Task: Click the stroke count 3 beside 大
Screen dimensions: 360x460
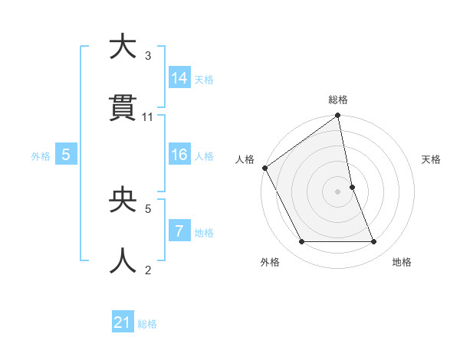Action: click(148, 55)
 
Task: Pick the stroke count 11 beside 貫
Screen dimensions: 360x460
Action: click(148, 117)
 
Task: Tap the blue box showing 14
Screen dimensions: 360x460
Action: click(179, 78)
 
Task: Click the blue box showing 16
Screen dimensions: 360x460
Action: click(179, 155)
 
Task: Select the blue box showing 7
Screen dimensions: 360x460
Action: click(179, 232)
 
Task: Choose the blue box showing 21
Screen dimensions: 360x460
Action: click(123, 323)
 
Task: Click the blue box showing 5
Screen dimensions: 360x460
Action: click(66, 155)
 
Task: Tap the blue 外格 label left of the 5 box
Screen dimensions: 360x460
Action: click(41, 156)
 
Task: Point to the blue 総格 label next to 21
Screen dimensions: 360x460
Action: click(148, 324)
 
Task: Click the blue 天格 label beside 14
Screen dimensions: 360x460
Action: click(204, 79)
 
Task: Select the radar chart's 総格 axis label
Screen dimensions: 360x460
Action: click(338, 100)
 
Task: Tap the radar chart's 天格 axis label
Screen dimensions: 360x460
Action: click(432, 159)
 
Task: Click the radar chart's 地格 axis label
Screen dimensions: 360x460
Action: click(402, 262)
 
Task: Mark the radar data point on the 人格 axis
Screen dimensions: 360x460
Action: click(264, 168)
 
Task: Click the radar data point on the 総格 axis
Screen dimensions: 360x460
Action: click(338, 116)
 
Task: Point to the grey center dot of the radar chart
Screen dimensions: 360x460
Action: click(338, 191)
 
